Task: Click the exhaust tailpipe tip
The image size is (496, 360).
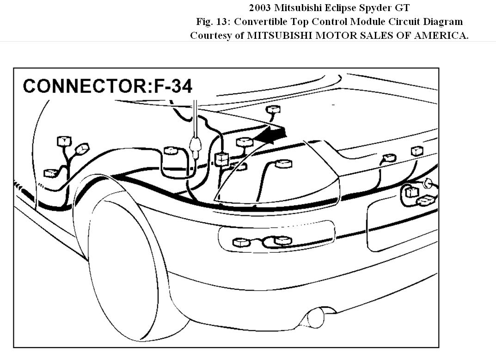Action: [316, 318]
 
